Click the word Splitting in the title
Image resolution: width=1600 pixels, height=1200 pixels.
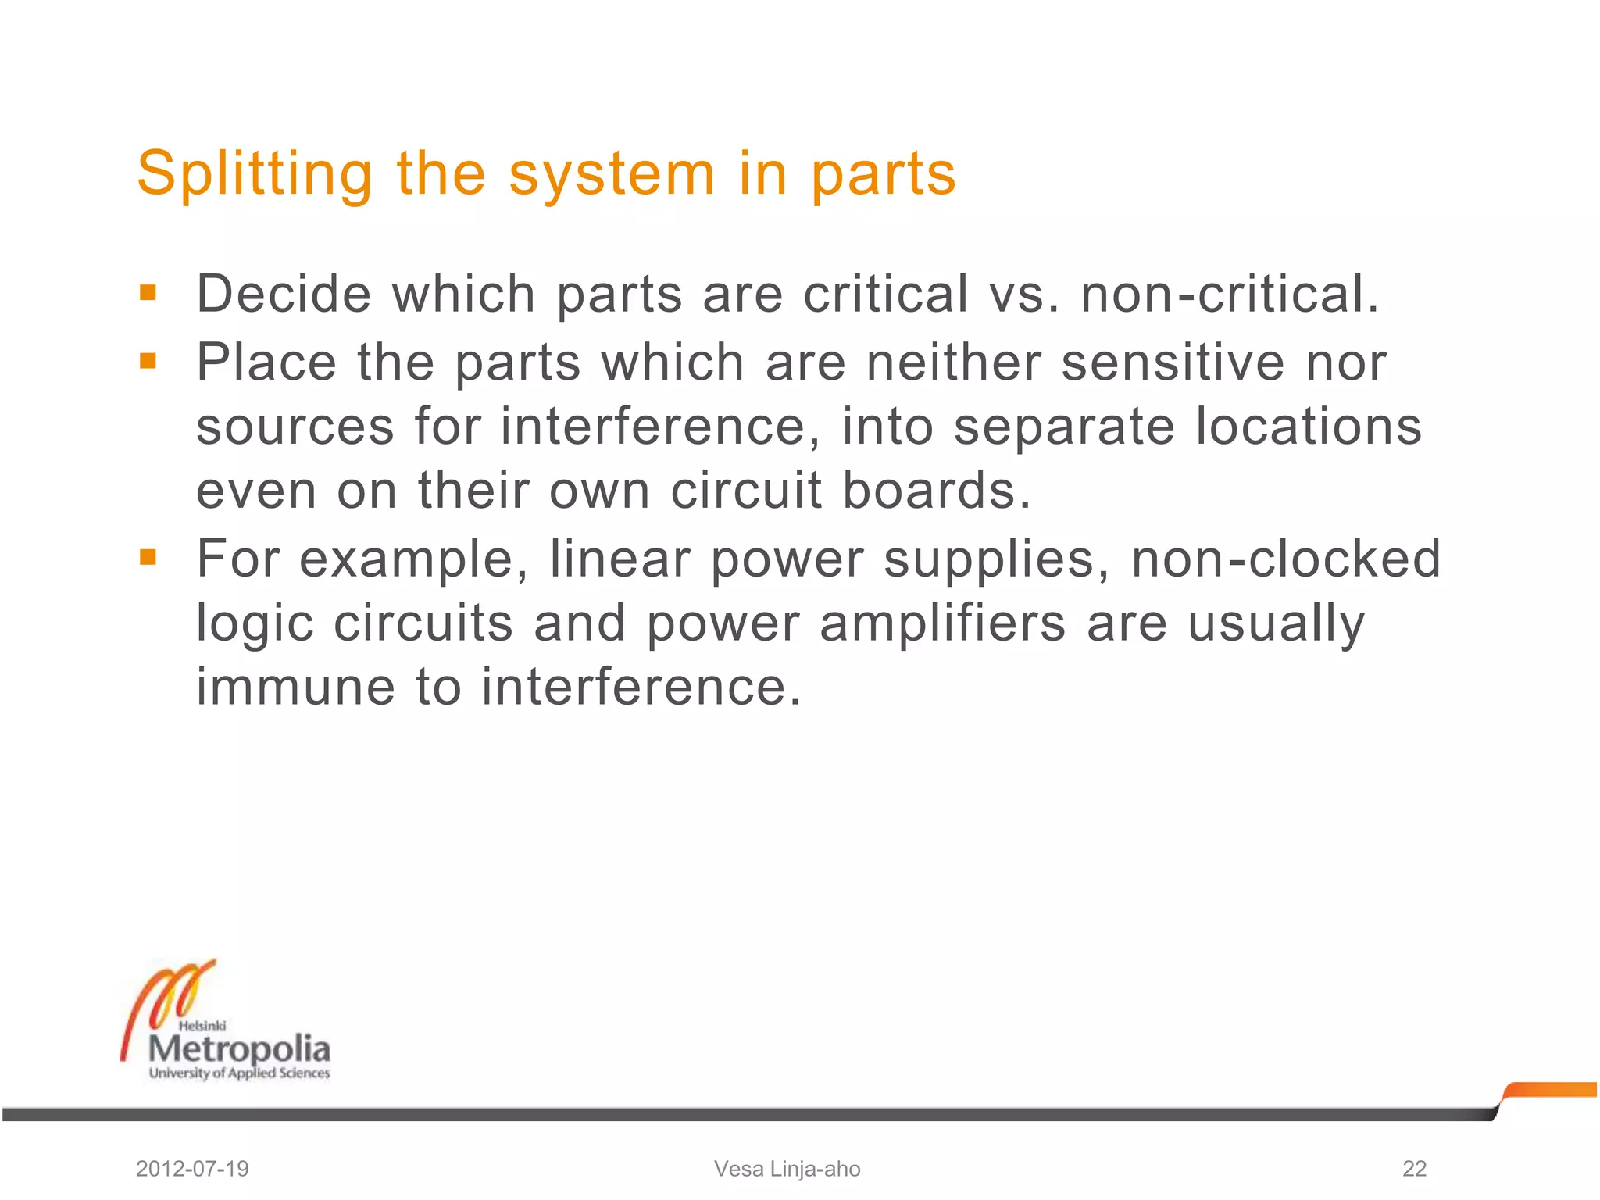(255, 173)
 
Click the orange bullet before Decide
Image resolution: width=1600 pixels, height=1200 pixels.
(148, 294)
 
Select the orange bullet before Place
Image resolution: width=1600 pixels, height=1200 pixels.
(148, 362)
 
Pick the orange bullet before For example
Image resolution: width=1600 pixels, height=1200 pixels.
(148, 557)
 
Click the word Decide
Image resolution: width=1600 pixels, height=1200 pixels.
(284, 294)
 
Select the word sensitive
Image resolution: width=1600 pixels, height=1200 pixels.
(1173, 362)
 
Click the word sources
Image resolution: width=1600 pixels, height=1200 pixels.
(295, 428)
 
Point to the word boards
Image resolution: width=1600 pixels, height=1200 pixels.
(937, 491)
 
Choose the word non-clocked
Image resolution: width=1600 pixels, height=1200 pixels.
(1285, 559)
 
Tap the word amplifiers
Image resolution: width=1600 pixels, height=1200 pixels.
(942, 623)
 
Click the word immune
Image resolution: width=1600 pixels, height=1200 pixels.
(295, 687)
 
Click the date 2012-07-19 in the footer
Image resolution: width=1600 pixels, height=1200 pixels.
(192, 1169)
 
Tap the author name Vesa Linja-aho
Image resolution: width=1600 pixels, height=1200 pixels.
(787, 1169)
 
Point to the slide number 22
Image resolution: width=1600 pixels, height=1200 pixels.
(1414, 1169)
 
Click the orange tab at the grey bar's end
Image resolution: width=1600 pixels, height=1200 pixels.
(1551, 1090)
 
